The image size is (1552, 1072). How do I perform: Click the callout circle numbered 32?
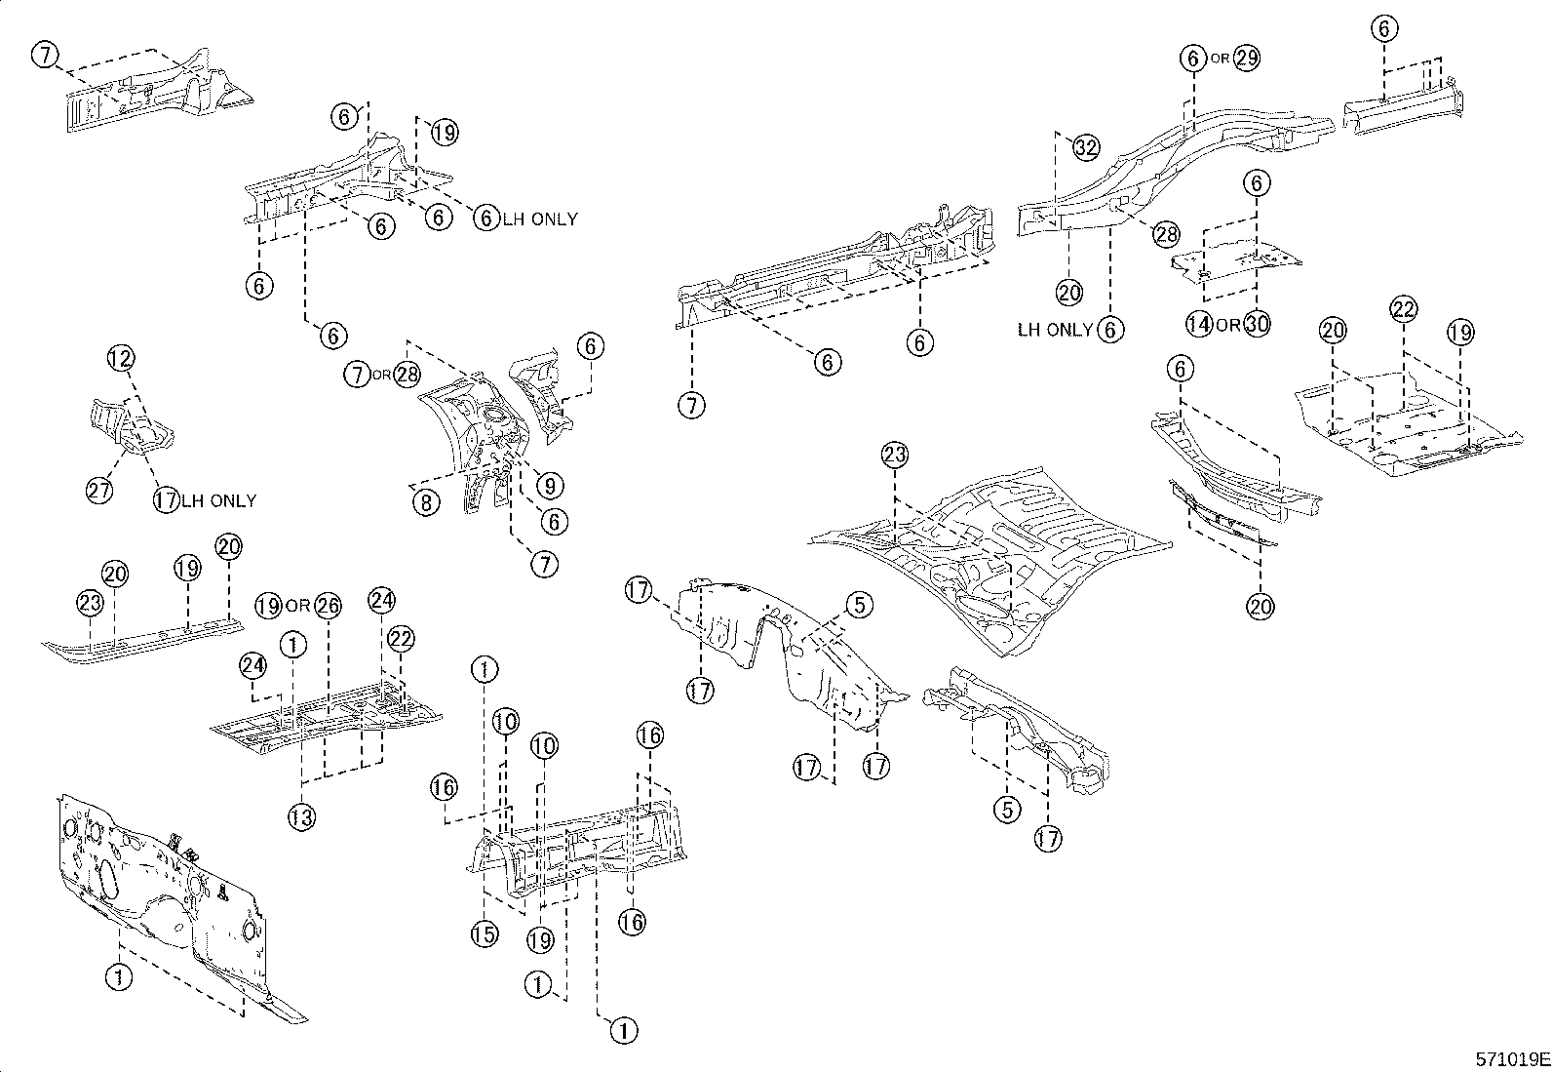click(1086, 147)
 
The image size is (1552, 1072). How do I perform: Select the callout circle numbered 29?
click(1247, 58)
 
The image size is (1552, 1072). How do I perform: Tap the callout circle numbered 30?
click(1258, 324)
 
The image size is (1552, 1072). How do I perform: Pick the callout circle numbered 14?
click(1199, 324)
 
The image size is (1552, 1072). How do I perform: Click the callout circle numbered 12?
click(121, 360)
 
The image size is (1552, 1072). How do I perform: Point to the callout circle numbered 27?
click(98, 490)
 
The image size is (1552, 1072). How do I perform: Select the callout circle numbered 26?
click(329, 606)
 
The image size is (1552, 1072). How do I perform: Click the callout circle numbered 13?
click(301, 817)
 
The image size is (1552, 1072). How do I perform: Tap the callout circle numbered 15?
click(484, 934)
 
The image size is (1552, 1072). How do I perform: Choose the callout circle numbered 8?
click(425, 503)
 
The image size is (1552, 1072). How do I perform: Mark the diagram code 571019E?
click(1510, 1057)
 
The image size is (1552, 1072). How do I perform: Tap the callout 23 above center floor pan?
click(895, 455)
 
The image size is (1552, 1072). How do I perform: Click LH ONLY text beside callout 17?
click(218, 500)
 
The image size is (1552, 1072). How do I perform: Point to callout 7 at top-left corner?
click(45, 56)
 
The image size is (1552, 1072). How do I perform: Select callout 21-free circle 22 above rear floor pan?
click(1403, 310)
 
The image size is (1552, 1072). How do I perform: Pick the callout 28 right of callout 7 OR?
click(407, 374)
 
